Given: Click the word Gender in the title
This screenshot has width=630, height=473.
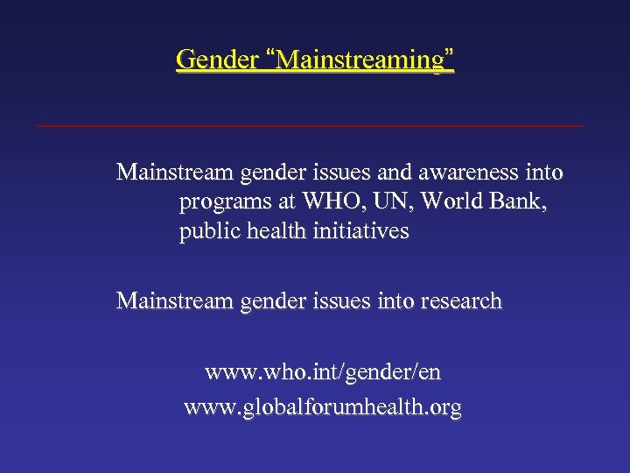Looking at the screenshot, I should pyautogui.click(x=217, y=60).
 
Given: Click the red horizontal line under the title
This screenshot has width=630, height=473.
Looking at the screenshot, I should pyautogui.click(x=310, y=126).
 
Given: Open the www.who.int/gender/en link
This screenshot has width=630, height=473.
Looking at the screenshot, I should pyautogui.click(x=323, y=372).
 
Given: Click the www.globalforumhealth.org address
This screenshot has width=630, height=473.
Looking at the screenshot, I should pyautogui.click(x=323, y=407).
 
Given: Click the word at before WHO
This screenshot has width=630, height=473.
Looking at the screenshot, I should pyautogui.click(x=285, y=202).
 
